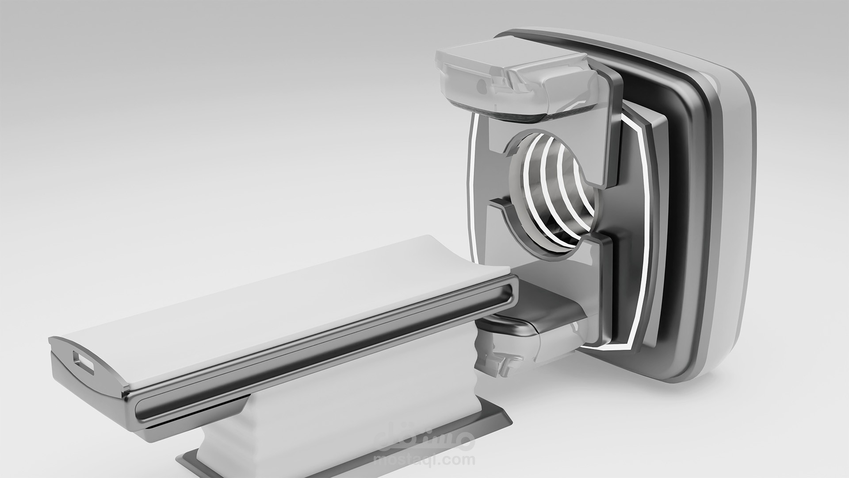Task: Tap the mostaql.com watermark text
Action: [424, 460]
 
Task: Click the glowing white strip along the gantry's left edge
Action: [471, 186]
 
